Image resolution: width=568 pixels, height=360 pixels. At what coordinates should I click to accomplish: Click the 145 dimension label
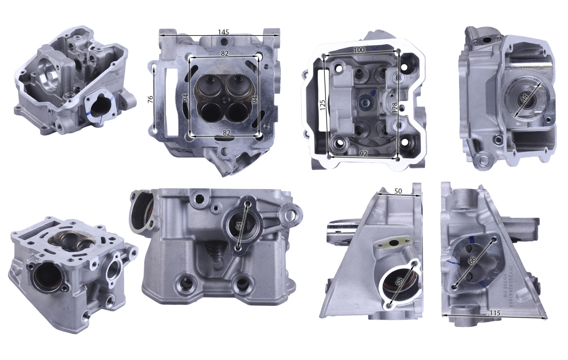[x=223, y=32]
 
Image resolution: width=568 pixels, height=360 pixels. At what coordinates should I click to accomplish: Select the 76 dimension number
[x=150, y=99]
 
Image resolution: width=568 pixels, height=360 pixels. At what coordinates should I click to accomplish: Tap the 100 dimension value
[x=359, y=50]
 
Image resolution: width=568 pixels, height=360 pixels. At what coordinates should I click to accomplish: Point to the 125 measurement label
[x=322, y=105]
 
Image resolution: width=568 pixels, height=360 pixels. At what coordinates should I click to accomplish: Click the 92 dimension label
[x=363, y=154]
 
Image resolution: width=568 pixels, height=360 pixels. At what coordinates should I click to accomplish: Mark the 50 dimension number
[x=398, y=191]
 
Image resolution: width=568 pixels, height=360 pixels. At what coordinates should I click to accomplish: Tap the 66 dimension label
[x=472, y=260]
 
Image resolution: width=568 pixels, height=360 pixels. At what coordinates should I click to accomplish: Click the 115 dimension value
[x=494, y=313]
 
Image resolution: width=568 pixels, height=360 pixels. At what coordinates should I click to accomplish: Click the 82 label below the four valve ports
[x=226, y=133]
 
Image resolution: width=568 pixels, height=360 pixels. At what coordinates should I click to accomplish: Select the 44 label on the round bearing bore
[x=525, y=97]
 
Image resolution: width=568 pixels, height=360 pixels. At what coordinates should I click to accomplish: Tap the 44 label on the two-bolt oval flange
[x=239, y=226]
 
